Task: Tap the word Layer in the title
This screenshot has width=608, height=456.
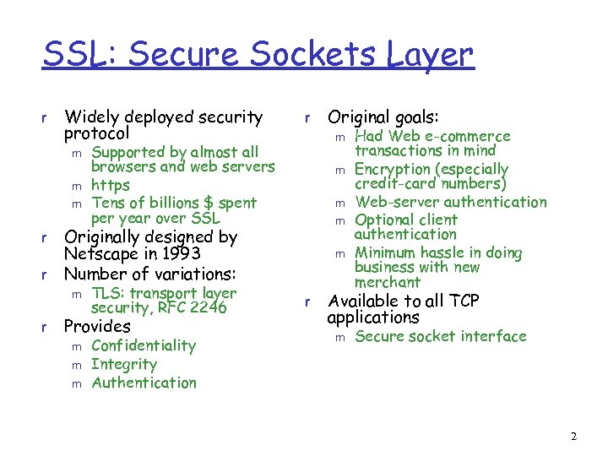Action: [x=431, y=56]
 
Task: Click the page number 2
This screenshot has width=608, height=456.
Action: [x=573, y=437]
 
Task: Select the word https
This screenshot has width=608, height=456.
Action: [x=111, y=185]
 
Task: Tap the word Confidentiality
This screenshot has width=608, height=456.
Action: [x=144, y=345]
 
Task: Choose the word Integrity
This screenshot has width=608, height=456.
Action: [x=124, y=364]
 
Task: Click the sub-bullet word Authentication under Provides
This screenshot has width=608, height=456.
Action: [x=144, y=383]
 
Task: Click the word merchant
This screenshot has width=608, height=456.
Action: [x=388, y=282]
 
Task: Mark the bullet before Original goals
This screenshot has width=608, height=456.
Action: [x=309, y=118]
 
